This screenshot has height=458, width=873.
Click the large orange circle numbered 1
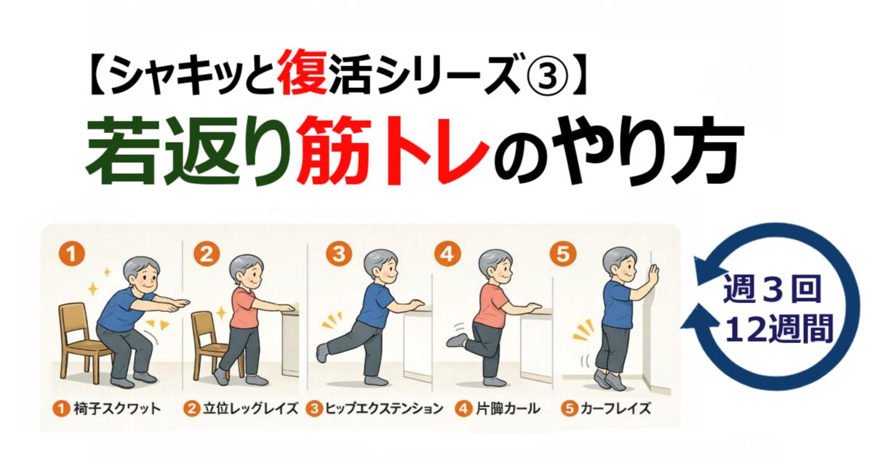pyautogui.click(x=71, y=254)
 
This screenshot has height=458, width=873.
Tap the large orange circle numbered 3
pyautogui.click(x=339, y=254)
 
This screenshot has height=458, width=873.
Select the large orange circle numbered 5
pyautogui.click(x=563, y=254)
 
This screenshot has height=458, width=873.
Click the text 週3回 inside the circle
pyautogui.click(x=773, y=289)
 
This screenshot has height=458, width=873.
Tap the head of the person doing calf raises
pyautogui.click(x=621, y=264)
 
